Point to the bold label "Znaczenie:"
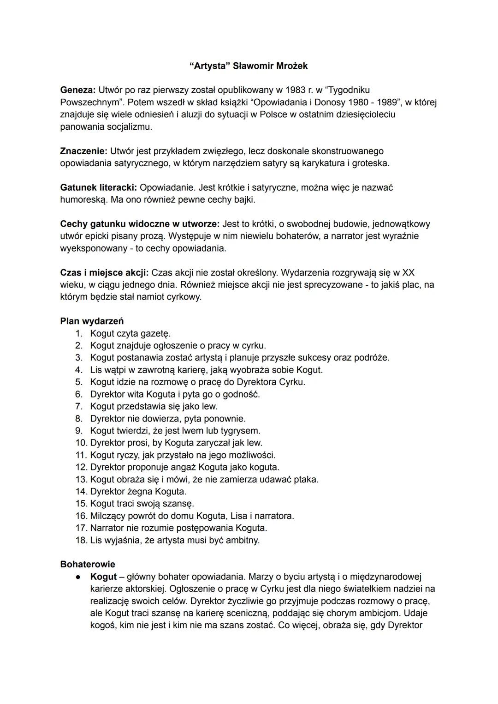(x=83, y=151)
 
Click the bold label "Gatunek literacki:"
(x=98, y=188)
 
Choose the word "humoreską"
(x=83, y=200)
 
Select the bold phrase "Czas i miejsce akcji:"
(x=104, y=273)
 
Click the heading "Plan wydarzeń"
(x=92, y=321)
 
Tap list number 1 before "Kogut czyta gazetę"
(x=79, y=333)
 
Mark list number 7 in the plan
(x=79, y=406)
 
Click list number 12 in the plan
(x=81, y=467)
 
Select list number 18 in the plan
(x=81, y=540)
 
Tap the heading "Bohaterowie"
(x=88, y=564)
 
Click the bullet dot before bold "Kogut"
(x=79, y=577)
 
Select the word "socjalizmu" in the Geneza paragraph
(x=129, y=126)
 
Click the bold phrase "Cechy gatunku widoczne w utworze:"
(x=140, y=224)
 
